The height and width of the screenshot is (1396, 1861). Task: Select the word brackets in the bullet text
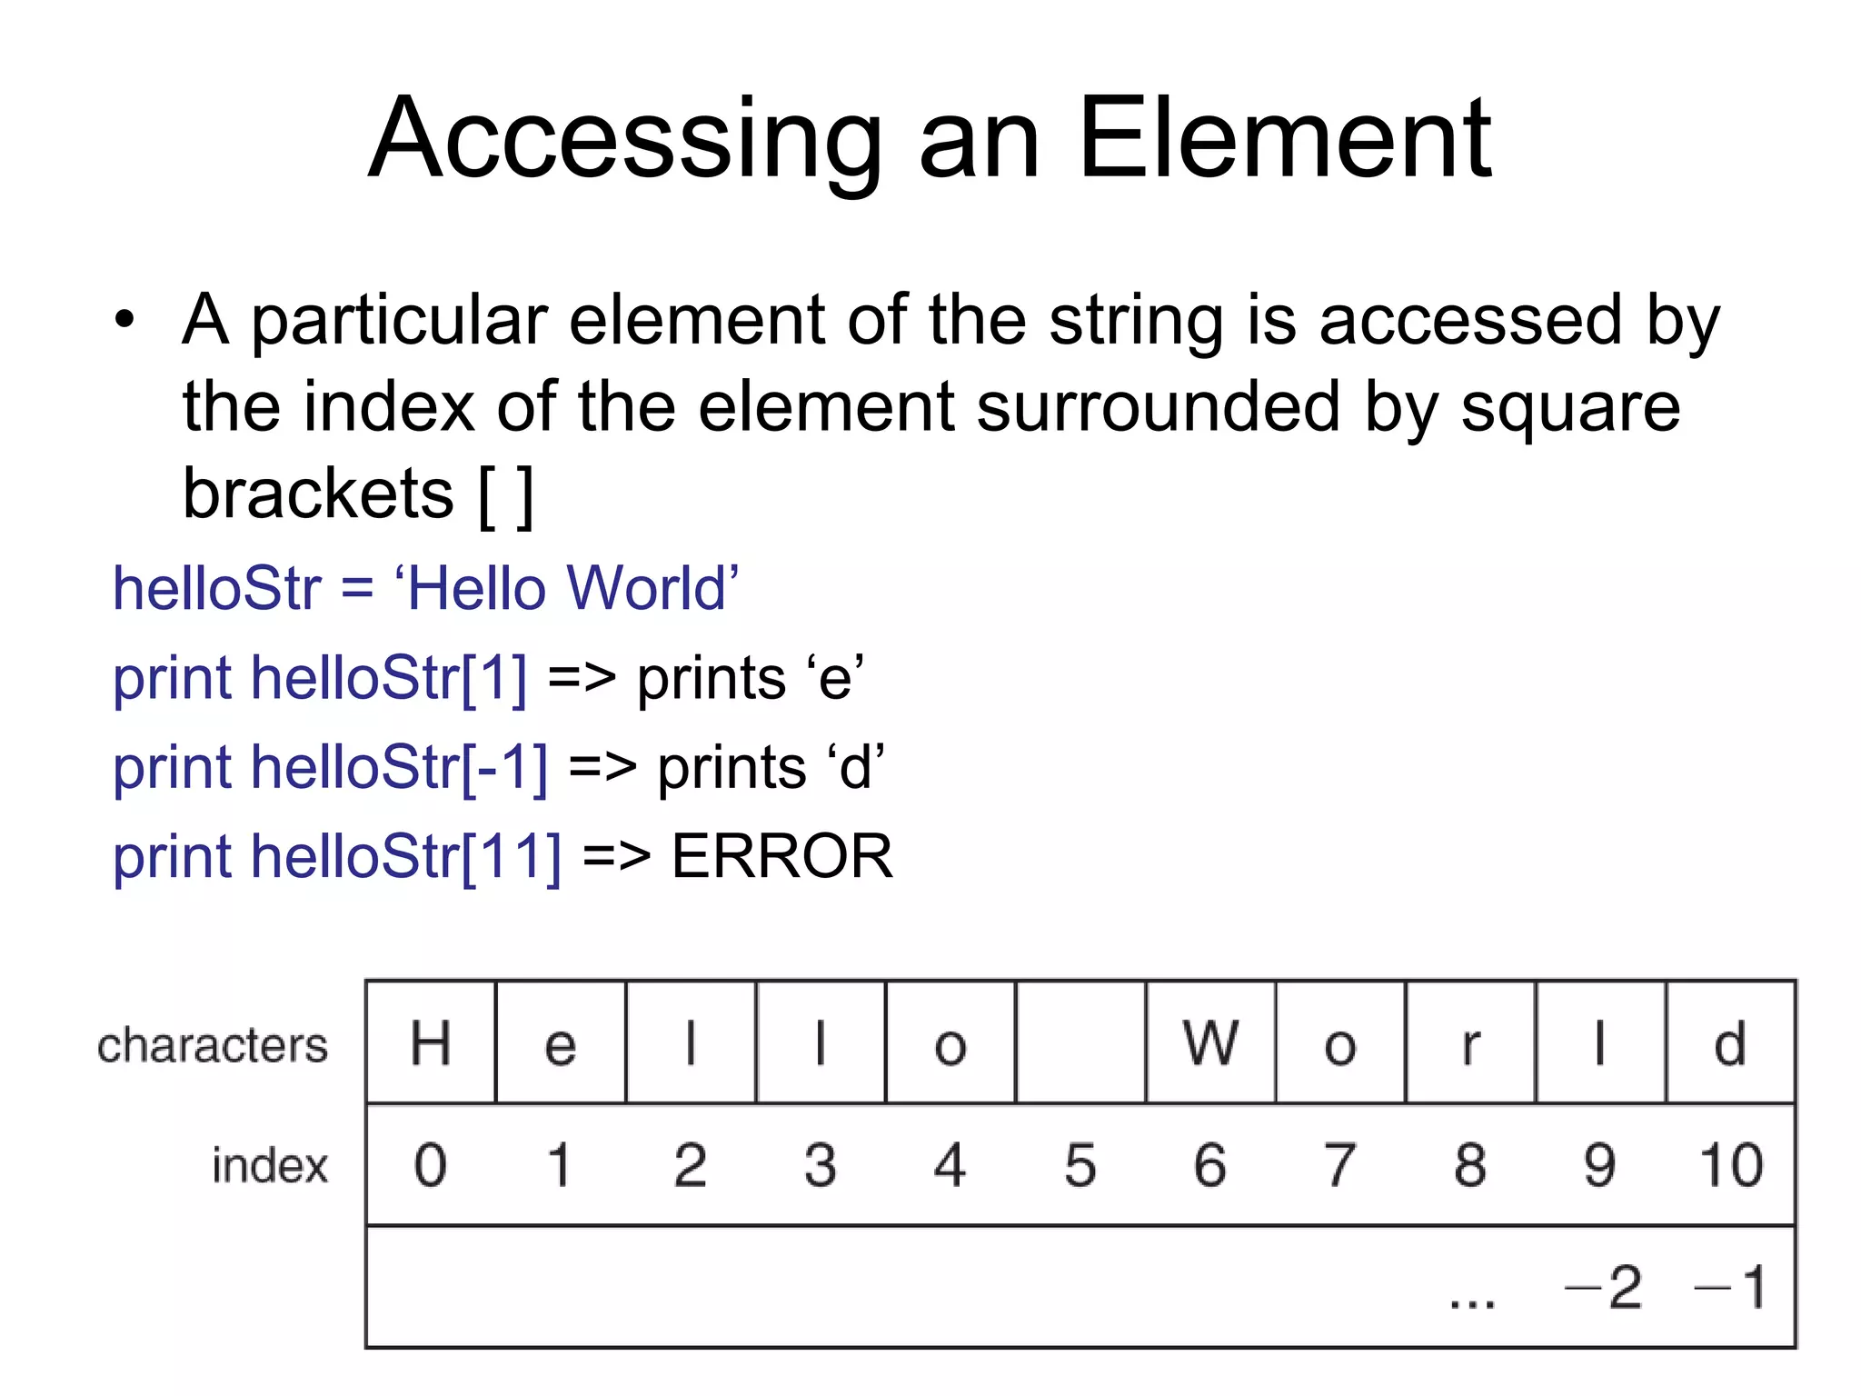coord(318,494)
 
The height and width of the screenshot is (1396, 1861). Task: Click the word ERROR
coord(781,856)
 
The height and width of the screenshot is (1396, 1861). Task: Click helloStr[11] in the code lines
coord(405,856)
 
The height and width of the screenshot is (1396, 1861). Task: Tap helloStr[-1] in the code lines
coord(399,767)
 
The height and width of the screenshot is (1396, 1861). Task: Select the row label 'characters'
coord(213,1045)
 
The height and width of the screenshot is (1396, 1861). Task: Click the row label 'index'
coord(270,1166)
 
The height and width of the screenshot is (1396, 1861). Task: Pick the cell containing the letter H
coord(431,1042)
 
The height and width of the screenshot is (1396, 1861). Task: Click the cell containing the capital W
coord(1210,1042)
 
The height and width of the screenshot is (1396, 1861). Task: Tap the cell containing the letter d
coord(1730,1042)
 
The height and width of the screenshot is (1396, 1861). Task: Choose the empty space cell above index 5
coord(1080,1042)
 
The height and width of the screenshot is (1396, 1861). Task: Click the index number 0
coord(431,1165)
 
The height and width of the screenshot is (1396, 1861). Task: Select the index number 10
coord(1730,1165)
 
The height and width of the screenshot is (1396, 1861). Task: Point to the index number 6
coord(1210,1165)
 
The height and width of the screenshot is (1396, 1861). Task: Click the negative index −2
coord(1603,1287)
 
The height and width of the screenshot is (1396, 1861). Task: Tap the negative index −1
coord(1730,1287)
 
